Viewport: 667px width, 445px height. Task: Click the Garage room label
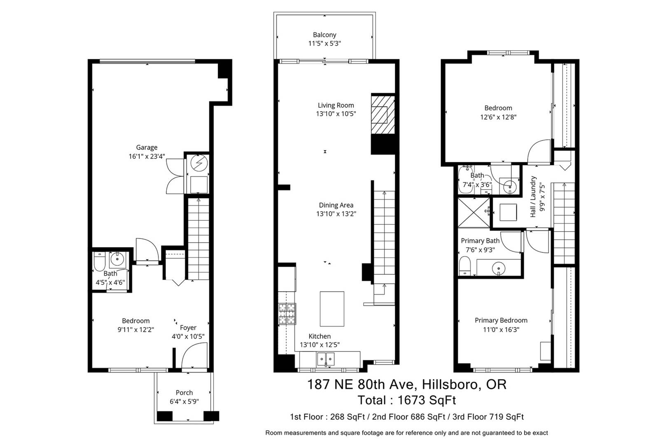click(147, 147)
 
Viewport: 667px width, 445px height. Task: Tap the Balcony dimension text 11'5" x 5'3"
click(324, 44)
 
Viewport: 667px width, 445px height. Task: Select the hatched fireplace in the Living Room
click(383, 115)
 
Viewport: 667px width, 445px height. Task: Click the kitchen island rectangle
click(332, 309)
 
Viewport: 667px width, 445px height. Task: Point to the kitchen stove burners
click(287, 314)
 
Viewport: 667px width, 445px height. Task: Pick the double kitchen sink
click(326, 359)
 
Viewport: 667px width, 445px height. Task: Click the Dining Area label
click(336, 205)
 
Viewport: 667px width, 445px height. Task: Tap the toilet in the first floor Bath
click(99, 261)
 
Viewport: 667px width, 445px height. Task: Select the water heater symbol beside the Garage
click(199, 163)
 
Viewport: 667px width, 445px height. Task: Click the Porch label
click(184, 393)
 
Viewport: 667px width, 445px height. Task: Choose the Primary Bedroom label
click(501, 321)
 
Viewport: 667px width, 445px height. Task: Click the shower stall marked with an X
click(473, 213)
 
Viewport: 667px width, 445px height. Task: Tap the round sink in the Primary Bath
click(499, 268)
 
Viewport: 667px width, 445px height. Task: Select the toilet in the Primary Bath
click(464, 266)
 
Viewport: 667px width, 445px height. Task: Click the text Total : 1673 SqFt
click(406, 400)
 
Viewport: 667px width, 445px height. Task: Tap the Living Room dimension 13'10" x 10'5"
click(336, 114)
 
